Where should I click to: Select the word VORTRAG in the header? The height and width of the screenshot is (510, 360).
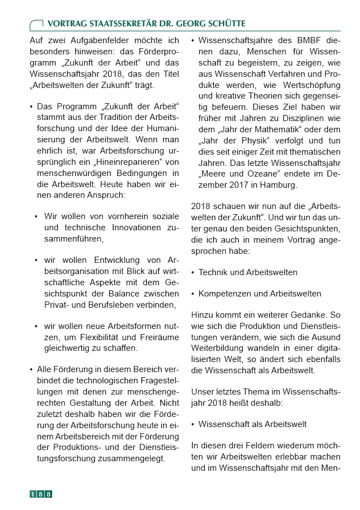66,24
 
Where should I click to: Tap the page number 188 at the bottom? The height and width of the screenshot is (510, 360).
41,494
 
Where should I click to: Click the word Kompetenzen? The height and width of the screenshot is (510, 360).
223,294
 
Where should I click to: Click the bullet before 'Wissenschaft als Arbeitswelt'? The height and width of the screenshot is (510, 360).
193,424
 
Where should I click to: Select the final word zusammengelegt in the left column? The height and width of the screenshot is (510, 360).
135,457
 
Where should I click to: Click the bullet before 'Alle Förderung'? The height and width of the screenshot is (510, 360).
31,369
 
